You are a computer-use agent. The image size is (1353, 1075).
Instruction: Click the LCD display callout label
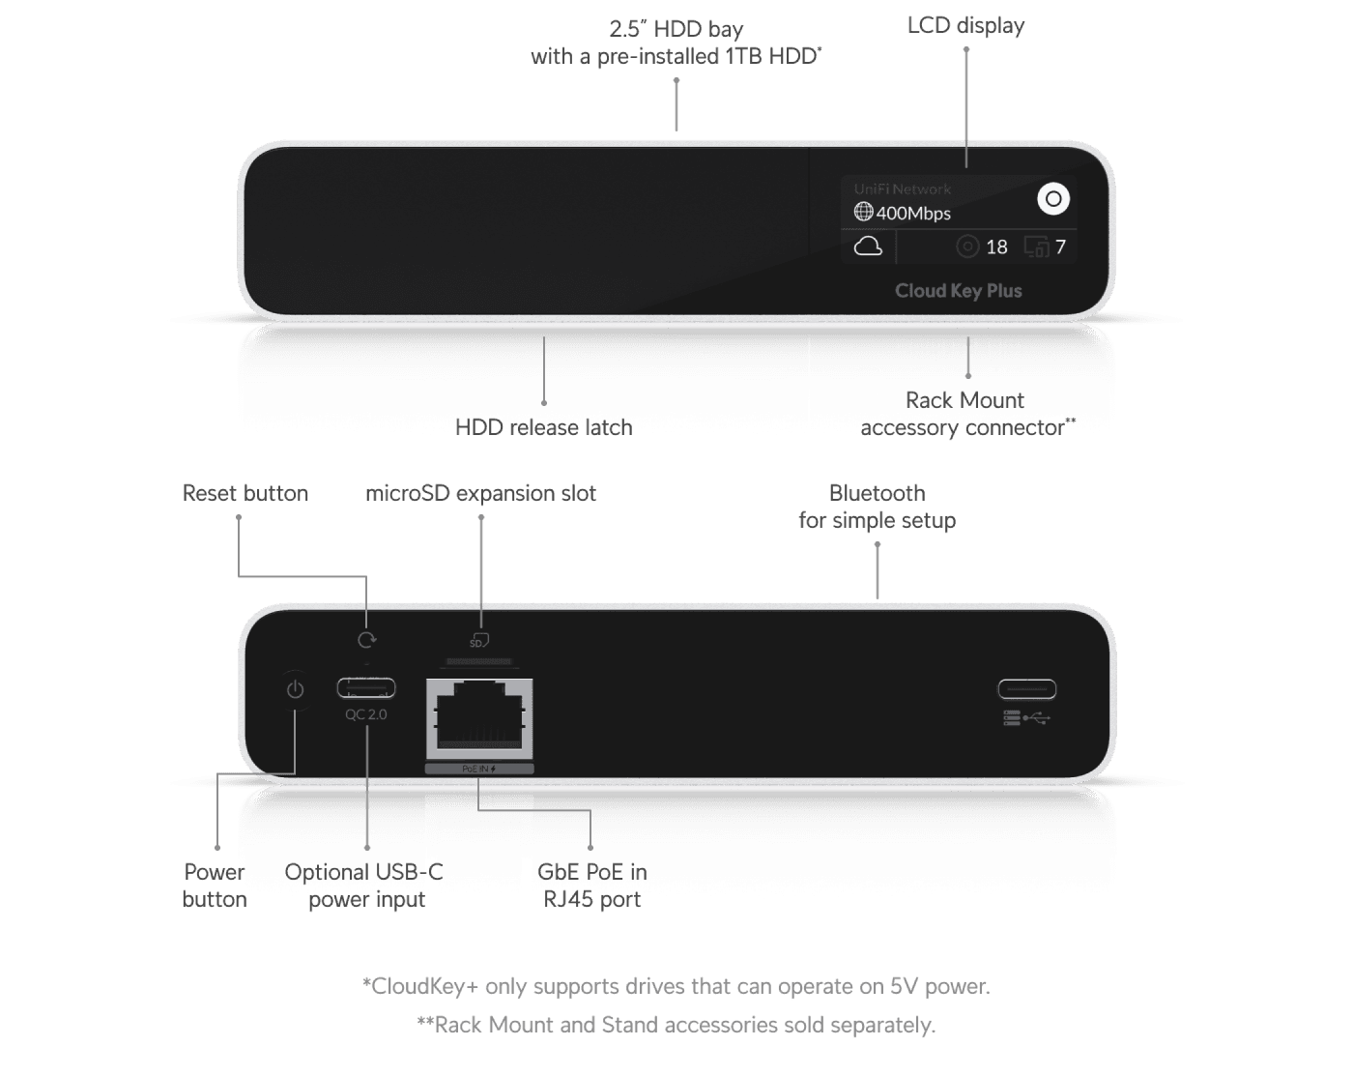coord(965,26)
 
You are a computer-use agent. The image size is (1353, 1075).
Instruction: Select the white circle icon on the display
coord(1053,199)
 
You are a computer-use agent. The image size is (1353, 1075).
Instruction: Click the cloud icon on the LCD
coord(868,247)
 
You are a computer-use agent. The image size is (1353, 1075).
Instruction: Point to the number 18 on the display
coord(996,247)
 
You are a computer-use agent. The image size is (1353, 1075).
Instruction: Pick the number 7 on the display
coord(1060,247)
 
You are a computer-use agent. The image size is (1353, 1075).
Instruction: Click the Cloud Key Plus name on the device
coord(958,291)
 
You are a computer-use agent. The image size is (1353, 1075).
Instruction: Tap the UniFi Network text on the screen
coord(902,189)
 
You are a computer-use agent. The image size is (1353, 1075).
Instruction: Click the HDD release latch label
coord(544,427)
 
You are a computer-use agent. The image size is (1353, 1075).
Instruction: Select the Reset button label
coord(245,493)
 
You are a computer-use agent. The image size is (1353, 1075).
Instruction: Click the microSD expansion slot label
coord(480,493)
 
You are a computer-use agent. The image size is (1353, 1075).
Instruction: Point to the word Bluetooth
coord(877,493)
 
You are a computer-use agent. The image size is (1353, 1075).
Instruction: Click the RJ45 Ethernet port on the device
coord(479,716)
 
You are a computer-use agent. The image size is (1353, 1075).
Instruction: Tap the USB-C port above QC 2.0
coord(366,688)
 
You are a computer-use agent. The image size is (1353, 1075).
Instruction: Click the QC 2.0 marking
coord(366,714)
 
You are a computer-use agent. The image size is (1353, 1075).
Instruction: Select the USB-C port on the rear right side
coord(1026,689)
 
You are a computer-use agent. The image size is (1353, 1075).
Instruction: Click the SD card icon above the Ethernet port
coord(479,641)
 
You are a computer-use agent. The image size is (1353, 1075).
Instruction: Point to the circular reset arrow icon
coord(366,640)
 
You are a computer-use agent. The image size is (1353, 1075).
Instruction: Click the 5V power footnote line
coord(676,987)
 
